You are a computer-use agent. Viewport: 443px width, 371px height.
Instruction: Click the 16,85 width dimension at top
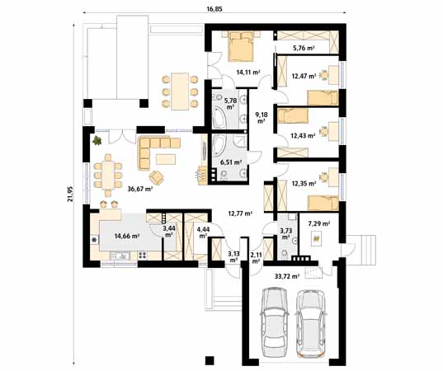pos(214,9)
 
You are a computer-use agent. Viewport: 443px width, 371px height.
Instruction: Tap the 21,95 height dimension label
pos(70,194)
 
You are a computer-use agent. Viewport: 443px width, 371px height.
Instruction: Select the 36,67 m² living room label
pos(140,189)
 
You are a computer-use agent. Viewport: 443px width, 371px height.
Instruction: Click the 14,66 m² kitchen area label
pos(127,236)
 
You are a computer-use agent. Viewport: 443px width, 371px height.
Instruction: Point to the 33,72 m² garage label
pos(287,276)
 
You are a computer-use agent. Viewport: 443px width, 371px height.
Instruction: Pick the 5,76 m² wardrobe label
pos(304,48)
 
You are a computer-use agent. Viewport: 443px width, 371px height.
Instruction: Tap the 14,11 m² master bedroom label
pos(248,73)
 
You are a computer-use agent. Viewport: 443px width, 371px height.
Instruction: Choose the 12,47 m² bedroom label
pos(304,76)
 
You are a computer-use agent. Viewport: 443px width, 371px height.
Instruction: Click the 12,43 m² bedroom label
pos(303,135)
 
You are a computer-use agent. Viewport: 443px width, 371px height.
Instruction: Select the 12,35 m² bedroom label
pos(304,184)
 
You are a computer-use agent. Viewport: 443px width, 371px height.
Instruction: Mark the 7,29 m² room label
pos(319,224)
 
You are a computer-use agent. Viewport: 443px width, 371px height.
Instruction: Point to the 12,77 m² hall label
pos(240,214)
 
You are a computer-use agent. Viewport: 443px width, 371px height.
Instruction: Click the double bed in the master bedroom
pos(241,46)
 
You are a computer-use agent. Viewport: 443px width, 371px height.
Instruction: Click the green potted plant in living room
pos(97,140)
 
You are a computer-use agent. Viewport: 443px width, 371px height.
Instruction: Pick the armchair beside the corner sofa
pos(156,177)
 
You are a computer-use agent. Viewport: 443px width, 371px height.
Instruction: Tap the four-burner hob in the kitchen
pos(143,256)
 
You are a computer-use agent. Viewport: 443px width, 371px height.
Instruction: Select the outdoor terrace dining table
pos(180,92)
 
